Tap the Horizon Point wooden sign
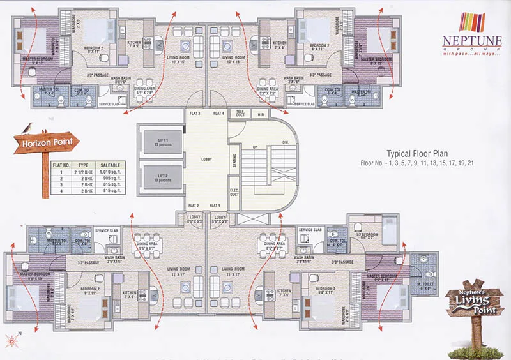(45, 144)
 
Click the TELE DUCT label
(241, 114)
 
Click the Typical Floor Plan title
(418, 153)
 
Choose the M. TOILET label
(423, 285)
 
